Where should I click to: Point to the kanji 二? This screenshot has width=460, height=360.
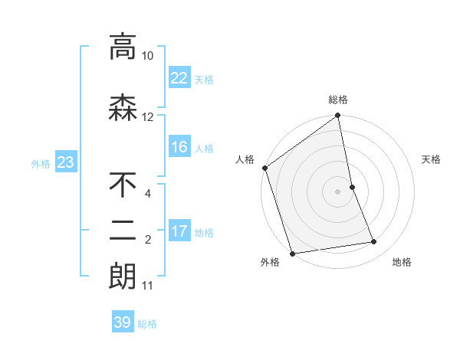[x=123, y=231]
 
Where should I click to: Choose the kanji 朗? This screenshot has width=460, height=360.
[x=123, y=275]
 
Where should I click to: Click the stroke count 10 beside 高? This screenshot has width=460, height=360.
[x=148, y=56]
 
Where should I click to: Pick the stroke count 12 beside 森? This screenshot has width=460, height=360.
[x=148, y=117]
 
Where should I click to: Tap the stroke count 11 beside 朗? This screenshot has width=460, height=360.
[x=148, y=286]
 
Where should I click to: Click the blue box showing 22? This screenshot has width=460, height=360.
[x=179, y=77]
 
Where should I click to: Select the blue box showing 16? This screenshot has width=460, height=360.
[x=179, y=147]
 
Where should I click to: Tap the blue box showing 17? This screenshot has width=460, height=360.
[x=179, y=231]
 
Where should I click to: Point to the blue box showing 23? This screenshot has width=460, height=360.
[x=65, y=162]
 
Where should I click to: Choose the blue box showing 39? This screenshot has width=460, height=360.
[x=123, y=322]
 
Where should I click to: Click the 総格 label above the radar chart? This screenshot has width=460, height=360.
[x=338, y=100]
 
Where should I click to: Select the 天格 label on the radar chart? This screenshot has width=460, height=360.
[x=432, y=159]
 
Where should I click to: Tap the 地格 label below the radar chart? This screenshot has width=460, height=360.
[x=402, y=262]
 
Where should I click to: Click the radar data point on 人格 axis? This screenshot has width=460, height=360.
[x=264, y=168]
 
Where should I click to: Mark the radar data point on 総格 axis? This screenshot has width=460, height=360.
[x=338, y=116]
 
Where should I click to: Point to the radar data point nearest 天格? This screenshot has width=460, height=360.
[x=352, y=187]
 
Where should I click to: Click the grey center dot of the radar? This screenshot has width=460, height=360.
[x=338, y=191]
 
